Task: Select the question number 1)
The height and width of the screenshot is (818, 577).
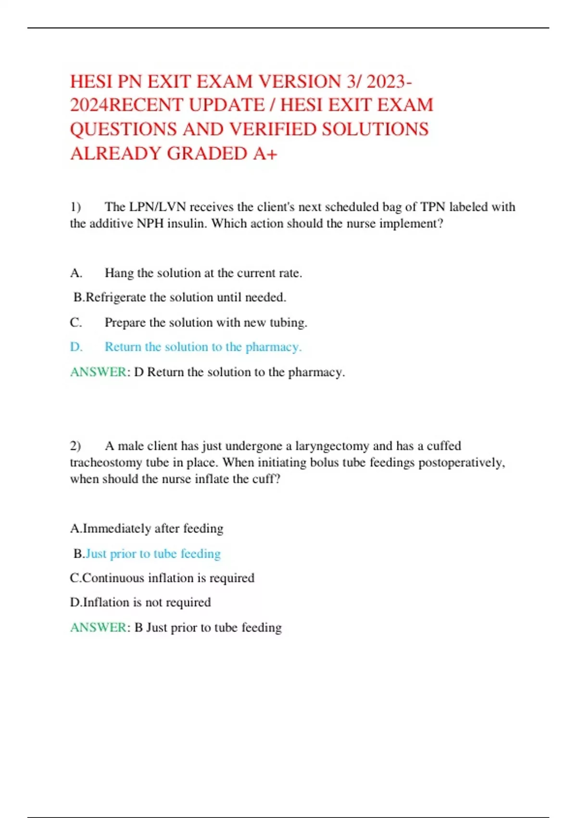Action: [75, 207]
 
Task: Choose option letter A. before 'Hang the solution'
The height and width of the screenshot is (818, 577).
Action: [76, 273]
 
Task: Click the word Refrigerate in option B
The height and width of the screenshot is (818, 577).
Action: [115, 297]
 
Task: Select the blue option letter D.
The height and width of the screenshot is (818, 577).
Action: [76, 347]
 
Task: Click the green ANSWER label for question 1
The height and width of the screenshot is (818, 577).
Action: [98, 372]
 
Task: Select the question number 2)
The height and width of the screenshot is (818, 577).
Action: [75, 446]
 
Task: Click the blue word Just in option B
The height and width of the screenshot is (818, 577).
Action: [96, 553]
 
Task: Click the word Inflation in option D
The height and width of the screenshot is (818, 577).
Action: [106, 602]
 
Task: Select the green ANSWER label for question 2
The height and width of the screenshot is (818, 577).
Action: [98, 627]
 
